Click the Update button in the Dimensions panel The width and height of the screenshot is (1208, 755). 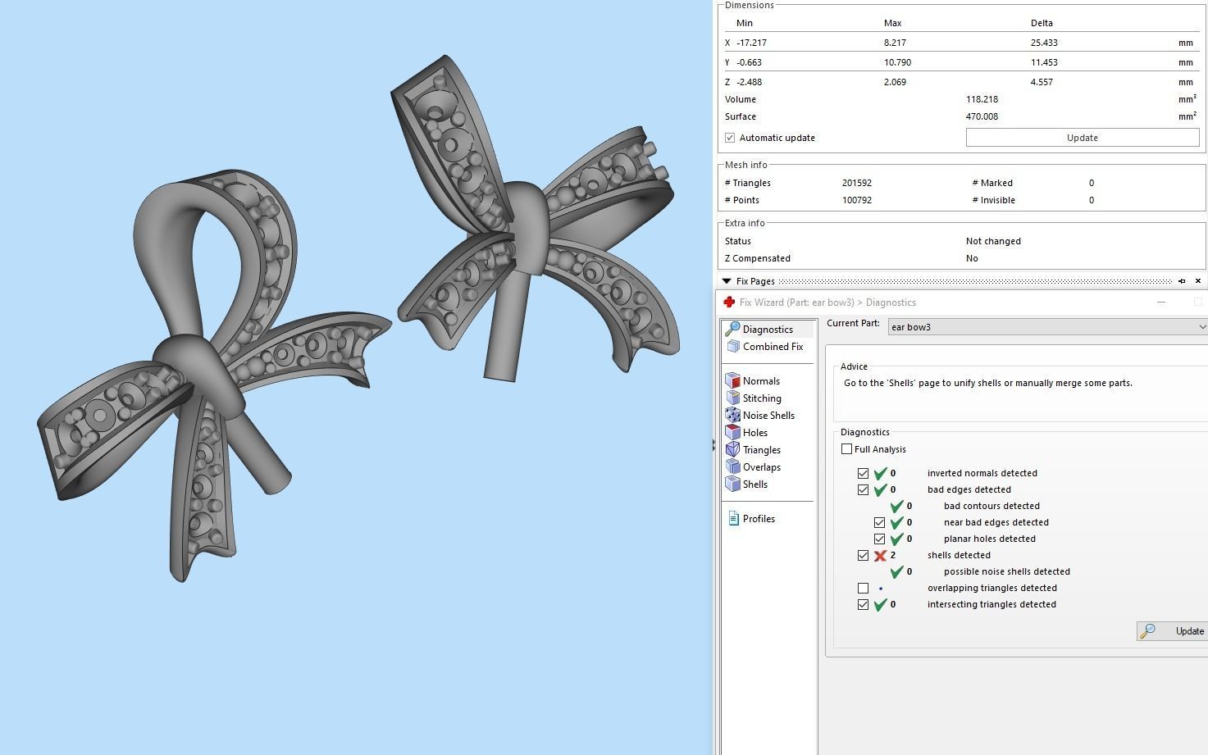(x=1082, y=138)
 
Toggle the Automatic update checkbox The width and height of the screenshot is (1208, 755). (x=730, y=138)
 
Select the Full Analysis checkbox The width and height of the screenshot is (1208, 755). (x=847, y=449)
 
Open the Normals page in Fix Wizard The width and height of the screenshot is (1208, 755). (x=760, y=381)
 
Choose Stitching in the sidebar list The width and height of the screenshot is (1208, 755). (x=761, y=398)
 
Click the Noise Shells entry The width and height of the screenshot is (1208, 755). (x=768, y=416)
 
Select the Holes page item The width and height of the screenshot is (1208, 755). (x=754, y=433)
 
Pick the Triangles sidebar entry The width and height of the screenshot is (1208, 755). (x=761, y=450)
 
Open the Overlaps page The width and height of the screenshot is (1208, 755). (x=761, y=467)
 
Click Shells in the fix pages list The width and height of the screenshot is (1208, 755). (x=754, y=484)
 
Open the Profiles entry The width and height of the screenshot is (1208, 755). (x=758, y=519)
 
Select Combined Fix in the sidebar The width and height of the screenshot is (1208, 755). (x=772, y=347)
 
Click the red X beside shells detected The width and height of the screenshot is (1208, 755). (x=880, y=556)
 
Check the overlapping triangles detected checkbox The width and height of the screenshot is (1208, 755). (x=863, y=589)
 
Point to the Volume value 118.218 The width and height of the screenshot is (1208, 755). (x=982, y=99)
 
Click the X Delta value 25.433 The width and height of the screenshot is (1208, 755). (x=1043, y=43)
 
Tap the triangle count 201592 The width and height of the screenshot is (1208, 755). (x=857, y=183)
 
